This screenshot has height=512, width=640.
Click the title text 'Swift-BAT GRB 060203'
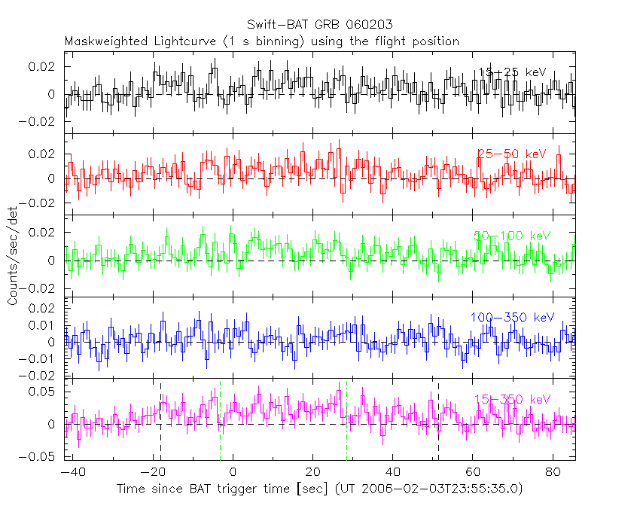pos(319,26)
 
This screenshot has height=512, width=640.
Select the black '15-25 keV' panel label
pos(513,72)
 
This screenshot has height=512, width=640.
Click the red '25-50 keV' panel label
pos(512,154)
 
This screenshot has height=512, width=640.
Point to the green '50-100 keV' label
pos(513,236)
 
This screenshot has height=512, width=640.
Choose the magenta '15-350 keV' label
pos(513,399)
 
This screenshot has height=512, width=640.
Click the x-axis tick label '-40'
pos(73,472)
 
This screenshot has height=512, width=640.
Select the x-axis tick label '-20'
pos(153,472)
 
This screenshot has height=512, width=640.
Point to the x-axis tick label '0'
pos(233,472)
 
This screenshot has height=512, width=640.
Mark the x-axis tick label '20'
pos(312,472)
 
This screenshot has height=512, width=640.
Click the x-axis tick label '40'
pos(392,472)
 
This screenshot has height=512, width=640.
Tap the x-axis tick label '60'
pos(472,472)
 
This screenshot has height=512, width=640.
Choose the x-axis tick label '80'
pos(552,472)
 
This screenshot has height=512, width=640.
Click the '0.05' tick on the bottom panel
pos(46,392)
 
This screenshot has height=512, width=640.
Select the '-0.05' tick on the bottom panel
pos(42,456)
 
